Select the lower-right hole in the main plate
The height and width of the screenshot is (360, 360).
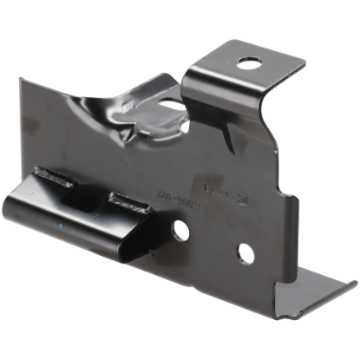245,252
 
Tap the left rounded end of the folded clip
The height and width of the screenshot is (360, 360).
40,213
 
